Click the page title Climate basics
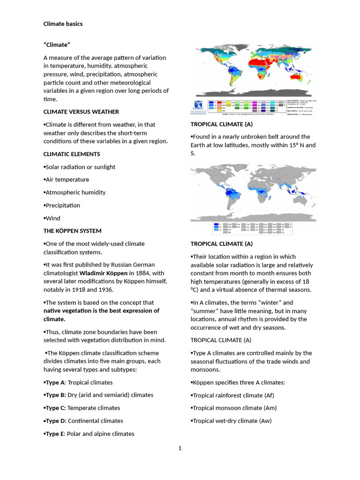tap(63, 23)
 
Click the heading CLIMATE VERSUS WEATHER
tap(81, 112)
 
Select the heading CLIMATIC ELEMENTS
tap(71, 154)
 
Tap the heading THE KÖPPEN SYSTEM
tap(72, 231)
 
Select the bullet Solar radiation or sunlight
tap(80, 167)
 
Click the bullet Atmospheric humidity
tap(75, 192)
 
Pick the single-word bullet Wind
tap(52, 218)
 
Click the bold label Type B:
tap(55, 395)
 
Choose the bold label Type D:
tap(55, 420)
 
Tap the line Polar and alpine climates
tap(100, 434)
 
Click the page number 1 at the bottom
tap(180, 448)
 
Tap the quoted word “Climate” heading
tap(57, 45)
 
